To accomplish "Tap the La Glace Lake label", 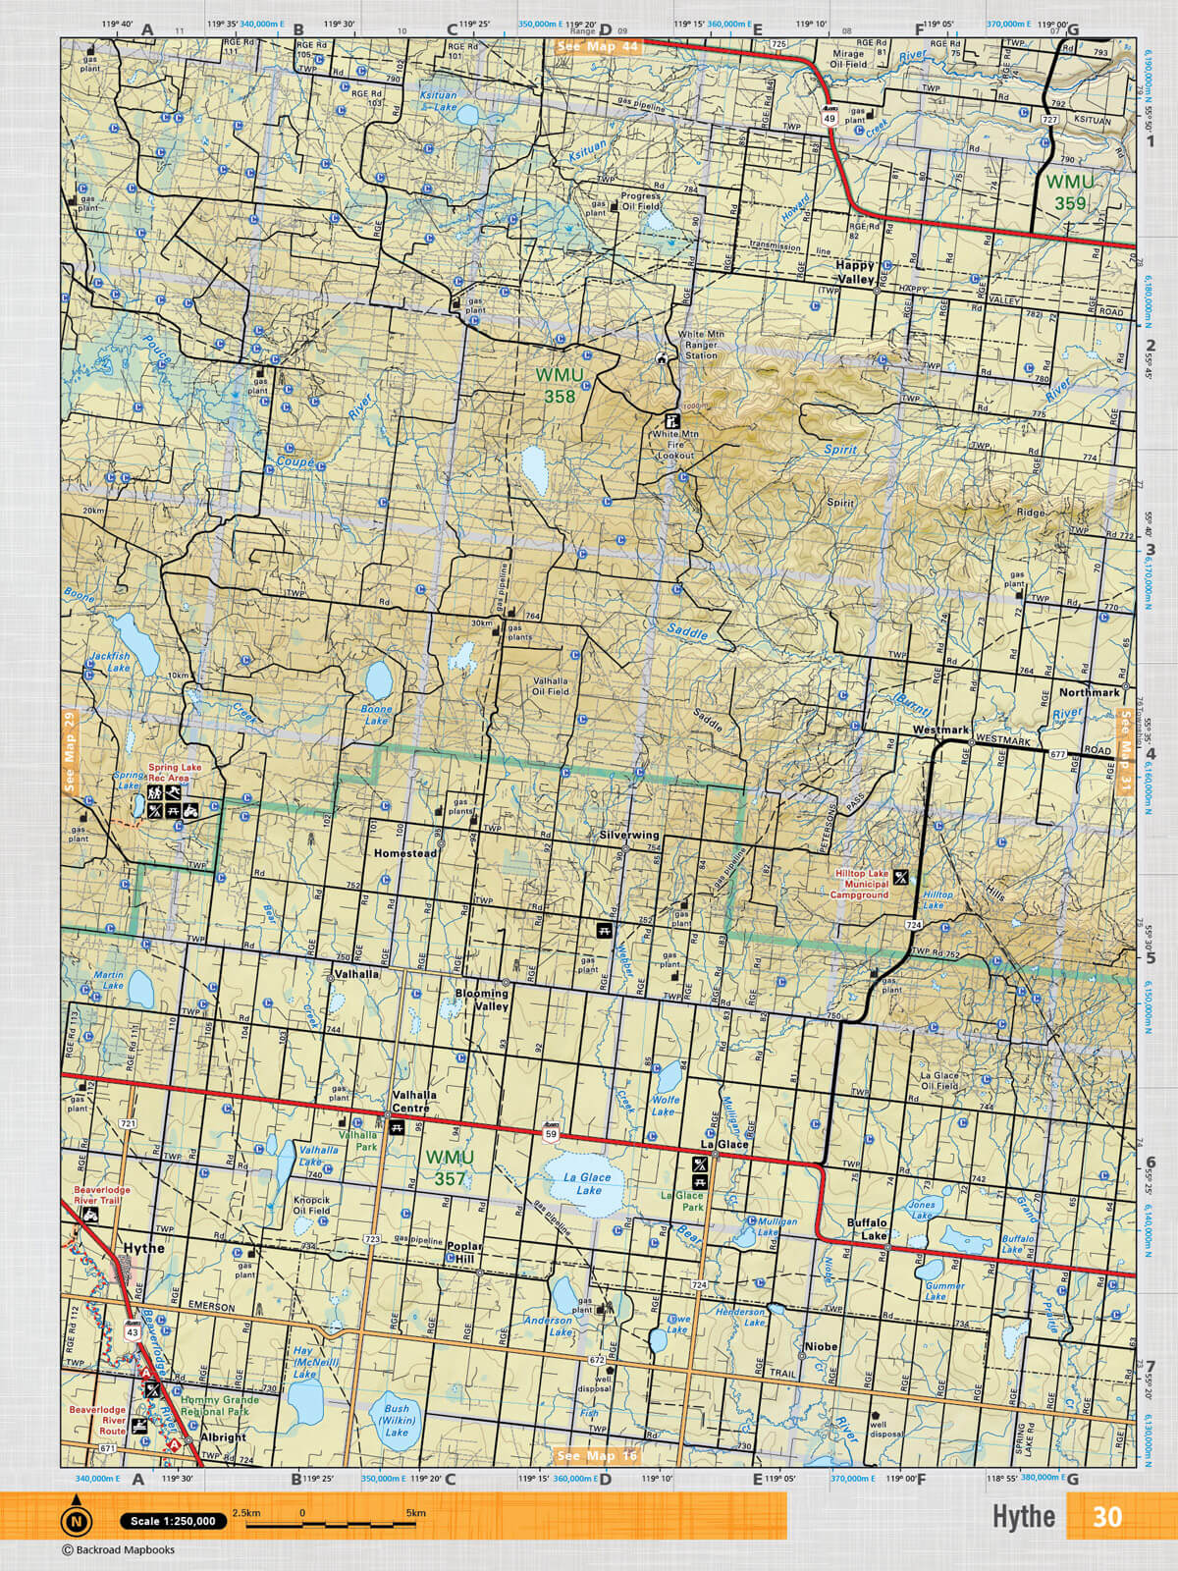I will [588, 1183].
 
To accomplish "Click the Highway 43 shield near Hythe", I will [132, 1330].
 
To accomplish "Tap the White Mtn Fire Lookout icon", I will [672, 417].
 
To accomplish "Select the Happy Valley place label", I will [854, 273].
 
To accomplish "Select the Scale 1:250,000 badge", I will [173, 1521].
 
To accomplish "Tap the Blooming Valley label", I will [482, 1001].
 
